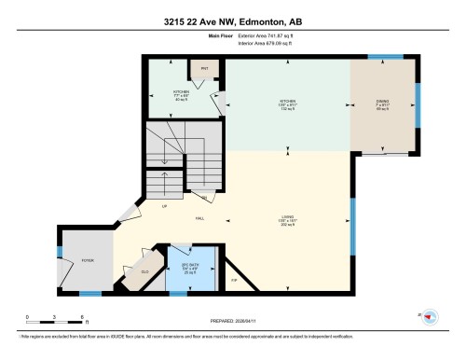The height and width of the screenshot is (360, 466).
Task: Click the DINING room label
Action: click(383, 104)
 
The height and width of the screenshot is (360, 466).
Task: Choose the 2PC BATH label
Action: click(189, 268)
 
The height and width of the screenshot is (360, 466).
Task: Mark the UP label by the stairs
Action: click(166, 206)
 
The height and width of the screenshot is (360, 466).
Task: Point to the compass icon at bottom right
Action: click(430, 317)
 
